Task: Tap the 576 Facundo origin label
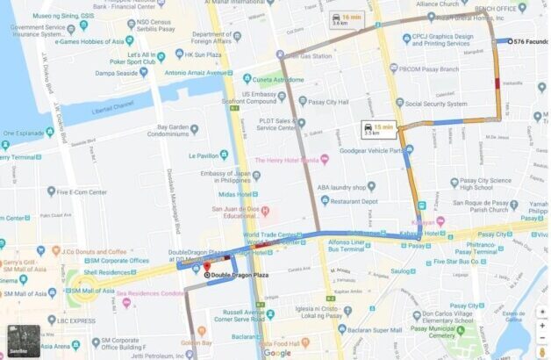[x=530, y=40]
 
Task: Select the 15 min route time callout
[x=373, y=129]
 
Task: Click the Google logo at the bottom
[x=276, y=352]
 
